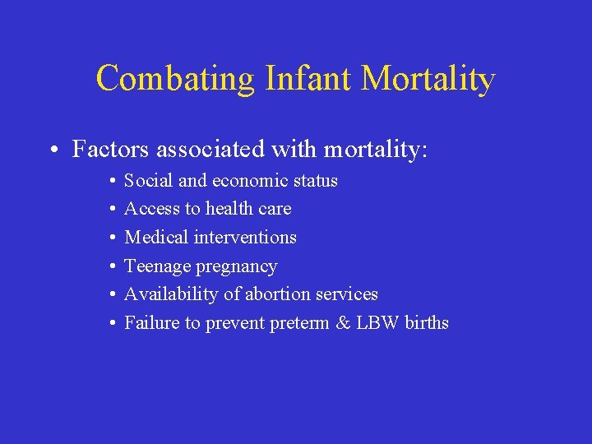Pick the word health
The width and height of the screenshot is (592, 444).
[x=230, y=209]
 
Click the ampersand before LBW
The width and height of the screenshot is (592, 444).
[x=343, y=322]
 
